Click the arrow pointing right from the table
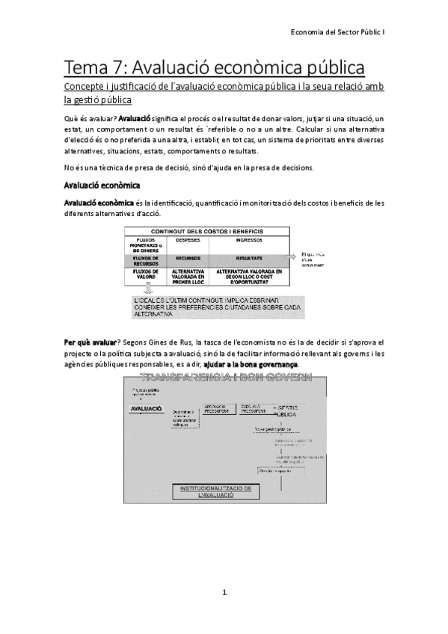293,256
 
